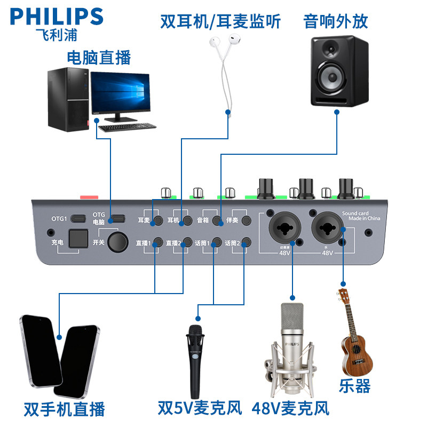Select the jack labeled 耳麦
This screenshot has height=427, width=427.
click(x=158, y=220)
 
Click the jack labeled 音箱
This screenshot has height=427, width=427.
click(x=217, y=220)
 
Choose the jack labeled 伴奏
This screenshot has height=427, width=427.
click(x=246, y=220)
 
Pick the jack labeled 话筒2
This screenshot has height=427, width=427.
click(x=246, y=243)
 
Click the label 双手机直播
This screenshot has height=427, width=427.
click(x=64, y=409)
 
